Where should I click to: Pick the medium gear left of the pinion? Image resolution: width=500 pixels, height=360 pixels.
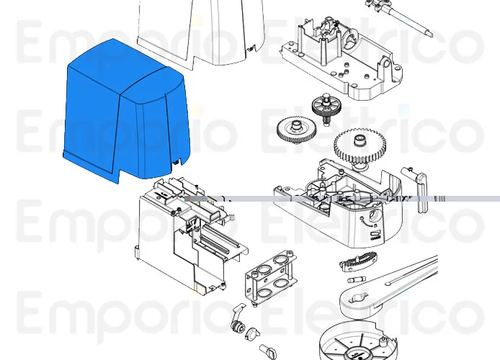point(296,132)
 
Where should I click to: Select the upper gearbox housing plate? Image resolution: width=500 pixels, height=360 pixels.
point(339,58)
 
